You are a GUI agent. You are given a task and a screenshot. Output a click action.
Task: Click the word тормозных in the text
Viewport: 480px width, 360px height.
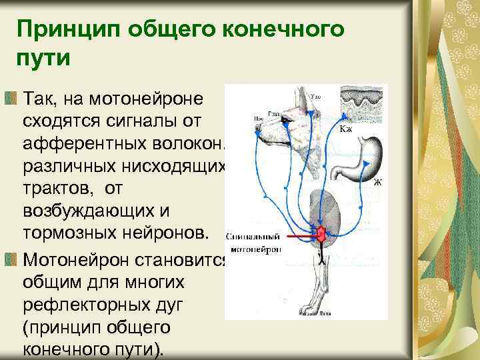click(71, 235)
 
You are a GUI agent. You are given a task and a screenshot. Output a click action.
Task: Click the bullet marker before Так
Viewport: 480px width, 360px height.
click(12, 99)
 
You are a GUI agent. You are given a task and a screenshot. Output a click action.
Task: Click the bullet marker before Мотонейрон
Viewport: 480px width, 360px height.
click(12, 258)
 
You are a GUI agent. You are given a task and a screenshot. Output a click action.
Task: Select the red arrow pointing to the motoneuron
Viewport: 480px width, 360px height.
click(300, 235)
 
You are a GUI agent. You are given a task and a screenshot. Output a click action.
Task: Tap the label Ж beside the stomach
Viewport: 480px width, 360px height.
click(377, 181)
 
